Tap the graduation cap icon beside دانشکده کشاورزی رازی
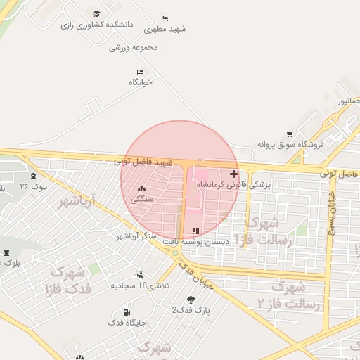tap(96, 13)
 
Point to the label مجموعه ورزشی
tap(133, 49)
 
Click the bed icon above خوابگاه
tap(140, 72)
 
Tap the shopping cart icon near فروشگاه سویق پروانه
tap(289, 134)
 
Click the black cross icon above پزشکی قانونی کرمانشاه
tap(233, 173)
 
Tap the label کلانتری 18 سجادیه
tap(129, 285)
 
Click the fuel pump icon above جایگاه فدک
tap(127, 312)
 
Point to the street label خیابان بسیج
tap(328, 211)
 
